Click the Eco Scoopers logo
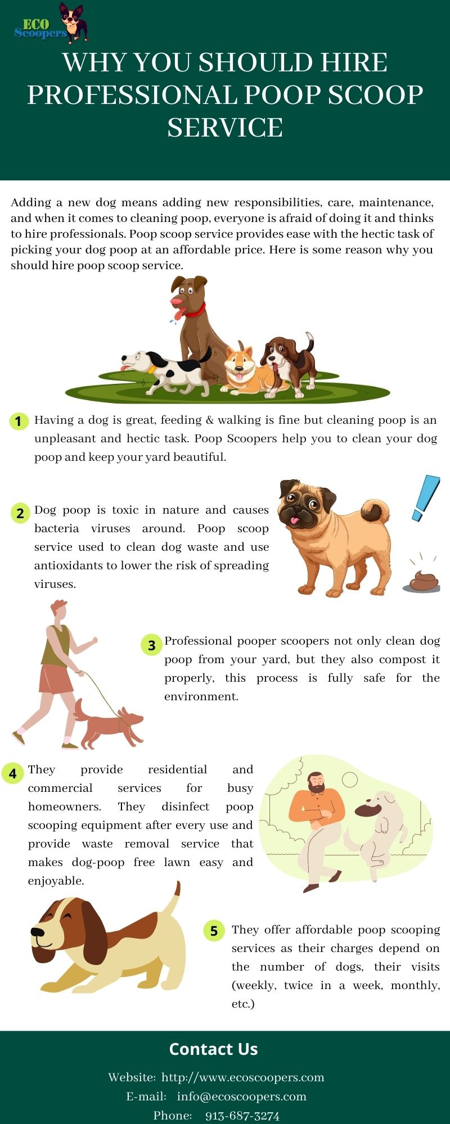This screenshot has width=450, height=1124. click(51, 24)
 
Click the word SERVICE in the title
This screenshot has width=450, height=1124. click(225, 128)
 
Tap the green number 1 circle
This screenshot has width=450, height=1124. click(19, 421)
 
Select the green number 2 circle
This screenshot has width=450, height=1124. click(20, 513)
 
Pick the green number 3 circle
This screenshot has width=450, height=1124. click(151, 645)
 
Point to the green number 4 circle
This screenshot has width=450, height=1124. click(12, 773)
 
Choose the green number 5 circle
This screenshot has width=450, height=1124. click(214, 931)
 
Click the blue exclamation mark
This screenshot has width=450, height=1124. click(425, 497)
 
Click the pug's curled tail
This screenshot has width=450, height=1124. click(376, 511)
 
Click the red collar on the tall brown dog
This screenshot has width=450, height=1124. click(195, 310)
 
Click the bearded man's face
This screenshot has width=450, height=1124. click(316, 783)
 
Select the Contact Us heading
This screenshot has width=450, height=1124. click(213, 1049)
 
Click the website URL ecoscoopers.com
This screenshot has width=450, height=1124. click(242, 1077)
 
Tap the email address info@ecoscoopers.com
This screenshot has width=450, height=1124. click(241, 1096)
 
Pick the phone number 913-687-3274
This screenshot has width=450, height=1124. click(242, 1116)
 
